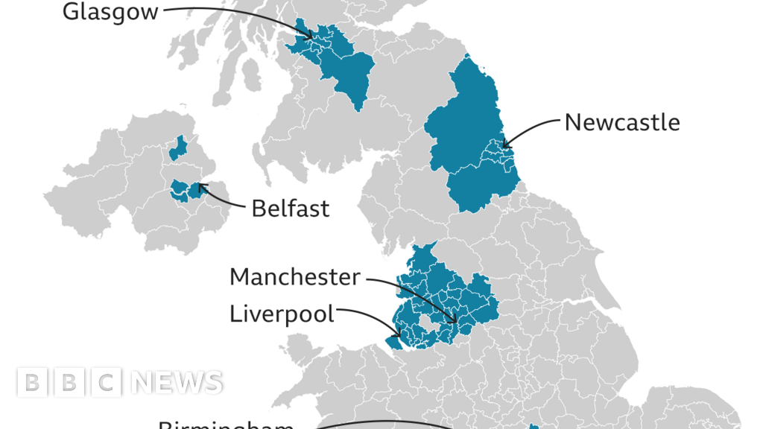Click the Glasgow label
110,12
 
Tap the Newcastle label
621,122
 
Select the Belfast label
290,209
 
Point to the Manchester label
294,277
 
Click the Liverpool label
282,314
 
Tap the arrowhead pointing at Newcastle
504,144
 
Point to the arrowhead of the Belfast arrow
200,186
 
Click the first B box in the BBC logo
31,383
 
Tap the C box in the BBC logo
108,383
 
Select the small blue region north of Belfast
177,149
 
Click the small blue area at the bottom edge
534,427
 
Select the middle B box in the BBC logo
69,383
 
